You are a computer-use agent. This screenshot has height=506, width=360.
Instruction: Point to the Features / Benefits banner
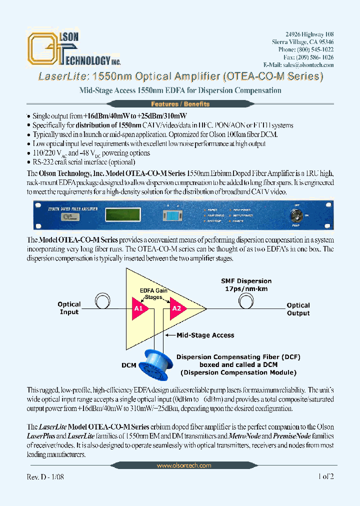[180, 104]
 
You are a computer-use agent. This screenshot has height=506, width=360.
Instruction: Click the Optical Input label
[69, 308]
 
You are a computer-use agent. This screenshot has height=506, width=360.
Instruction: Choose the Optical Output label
[298, 309]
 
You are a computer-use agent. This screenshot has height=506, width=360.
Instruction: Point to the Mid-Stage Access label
[205, 335]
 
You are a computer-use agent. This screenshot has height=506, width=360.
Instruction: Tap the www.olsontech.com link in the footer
[183, 465]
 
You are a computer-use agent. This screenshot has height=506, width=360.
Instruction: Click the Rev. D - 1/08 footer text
[45, 477]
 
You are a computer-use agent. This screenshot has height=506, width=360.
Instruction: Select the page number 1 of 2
[325, 477]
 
